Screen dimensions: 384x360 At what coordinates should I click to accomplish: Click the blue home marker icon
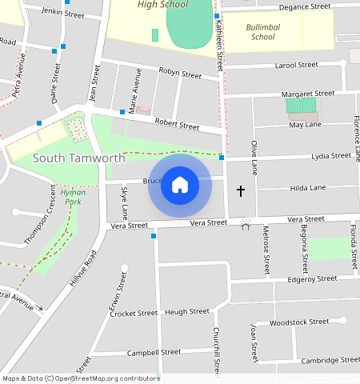point(180,186)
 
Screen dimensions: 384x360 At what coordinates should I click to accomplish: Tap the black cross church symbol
point(241,191)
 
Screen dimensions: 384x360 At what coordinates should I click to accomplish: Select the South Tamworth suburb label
point(78,158)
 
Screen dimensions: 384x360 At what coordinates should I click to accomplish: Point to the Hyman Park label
point(73,197)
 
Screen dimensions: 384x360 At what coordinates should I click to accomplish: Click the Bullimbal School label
point(262,32)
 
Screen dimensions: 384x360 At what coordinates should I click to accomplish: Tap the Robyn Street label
point(180,74)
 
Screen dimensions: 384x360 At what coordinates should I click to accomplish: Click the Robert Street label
point(177,125)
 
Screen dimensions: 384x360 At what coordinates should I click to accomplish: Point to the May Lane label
point(305,125)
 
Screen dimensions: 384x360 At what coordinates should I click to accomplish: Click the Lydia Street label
point(330,156)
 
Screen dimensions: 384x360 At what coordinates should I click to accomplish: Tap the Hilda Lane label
point(307,188)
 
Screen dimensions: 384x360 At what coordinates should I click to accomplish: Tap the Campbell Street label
point(154,352)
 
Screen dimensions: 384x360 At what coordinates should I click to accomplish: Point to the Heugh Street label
point(186,311)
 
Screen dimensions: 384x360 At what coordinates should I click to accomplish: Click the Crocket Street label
point(134,314)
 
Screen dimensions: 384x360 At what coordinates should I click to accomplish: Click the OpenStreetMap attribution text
point(80,378)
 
